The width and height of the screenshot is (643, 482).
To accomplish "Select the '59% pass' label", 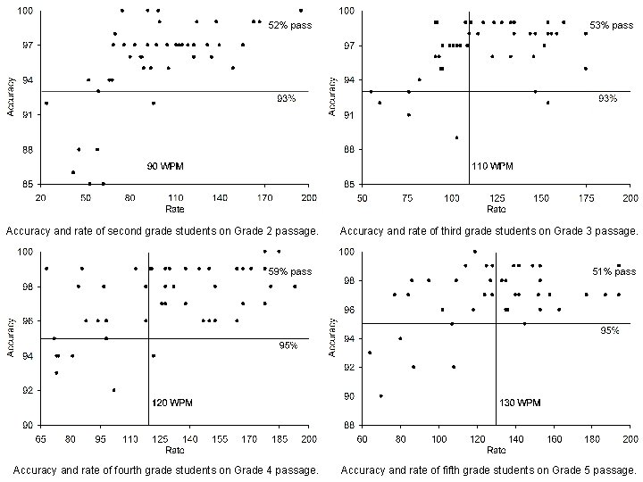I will [291, 270].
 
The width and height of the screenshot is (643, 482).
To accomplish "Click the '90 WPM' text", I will [166, 167].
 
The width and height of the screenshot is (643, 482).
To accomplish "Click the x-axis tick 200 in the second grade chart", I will [308, 196].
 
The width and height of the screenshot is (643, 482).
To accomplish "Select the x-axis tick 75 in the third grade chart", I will [406, 196].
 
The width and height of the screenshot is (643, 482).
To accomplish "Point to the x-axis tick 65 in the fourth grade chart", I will [41, 439].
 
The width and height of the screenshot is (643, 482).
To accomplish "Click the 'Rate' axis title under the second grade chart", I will [174, 208].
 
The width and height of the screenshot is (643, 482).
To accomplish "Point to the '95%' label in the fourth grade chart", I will [288, 345].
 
